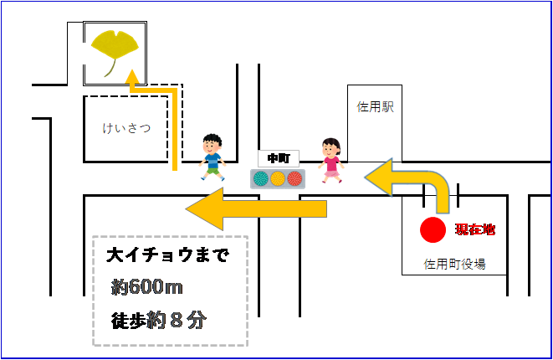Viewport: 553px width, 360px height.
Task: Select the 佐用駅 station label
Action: (x=375, y=107)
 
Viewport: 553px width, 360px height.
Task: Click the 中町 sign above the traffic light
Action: (x=278, y=157)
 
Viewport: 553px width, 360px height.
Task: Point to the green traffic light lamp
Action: (x=261, y=178)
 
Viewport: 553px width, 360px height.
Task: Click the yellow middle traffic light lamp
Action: (x=278, y=178)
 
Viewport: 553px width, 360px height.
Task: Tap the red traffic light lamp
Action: (x=294, y=178)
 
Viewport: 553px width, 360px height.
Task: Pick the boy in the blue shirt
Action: (x=212, y=157)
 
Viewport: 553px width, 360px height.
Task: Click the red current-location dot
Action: (x=433, y=229)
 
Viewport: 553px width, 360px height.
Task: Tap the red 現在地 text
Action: (x=474, y=229)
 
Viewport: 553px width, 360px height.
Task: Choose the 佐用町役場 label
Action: (x=455, y=265)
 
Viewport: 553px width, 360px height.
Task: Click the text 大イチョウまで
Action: (x=168, y=255)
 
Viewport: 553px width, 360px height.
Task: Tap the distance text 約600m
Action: (x=148, y=287)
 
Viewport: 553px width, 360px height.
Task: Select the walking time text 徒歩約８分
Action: (x=158, y=319)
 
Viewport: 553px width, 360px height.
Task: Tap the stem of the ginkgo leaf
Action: (x=108, y=69)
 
